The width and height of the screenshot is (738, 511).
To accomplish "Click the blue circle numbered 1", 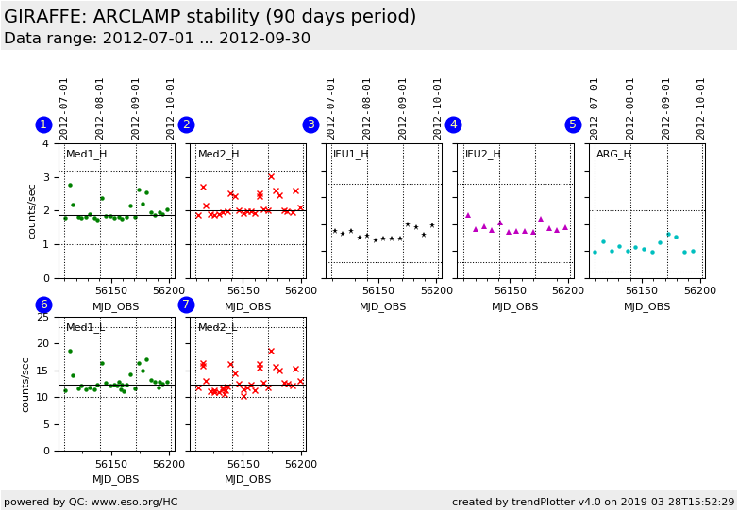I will coord(43,124).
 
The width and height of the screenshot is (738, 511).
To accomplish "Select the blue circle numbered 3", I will coord(310,124).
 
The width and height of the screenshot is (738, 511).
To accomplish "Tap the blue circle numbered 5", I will coord(573,124).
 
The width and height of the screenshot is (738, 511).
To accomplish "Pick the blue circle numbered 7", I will coord(186,305).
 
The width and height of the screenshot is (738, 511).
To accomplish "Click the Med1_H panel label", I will coord(86,155).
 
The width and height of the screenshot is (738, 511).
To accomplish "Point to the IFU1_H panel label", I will coord(351,155).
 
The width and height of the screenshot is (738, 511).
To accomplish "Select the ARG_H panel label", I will coord(613,155).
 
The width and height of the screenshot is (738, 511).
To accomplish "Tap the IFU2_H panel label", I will coord(483,155).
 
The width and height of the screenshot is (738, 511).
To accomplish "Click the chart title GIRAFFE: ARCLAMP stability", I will coord(210,17).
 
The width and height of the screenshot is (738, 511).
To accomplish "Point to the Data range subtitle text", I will coord(157,39).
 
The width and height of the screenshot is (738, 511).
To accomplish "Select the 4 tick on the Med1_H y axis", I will coord(46,143).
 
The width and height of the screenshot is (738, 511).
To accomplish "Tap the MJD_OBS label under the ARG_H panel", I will coord(647,306).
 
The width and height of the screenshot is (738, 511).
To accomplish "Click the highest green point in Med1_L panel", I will coord(69,351).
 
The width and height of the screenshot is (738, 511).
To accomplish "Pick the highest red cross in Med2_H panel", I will coord(271,176).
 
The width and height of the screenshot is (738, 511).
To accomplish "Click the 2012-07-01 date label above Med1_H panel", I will coord(64,108).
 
